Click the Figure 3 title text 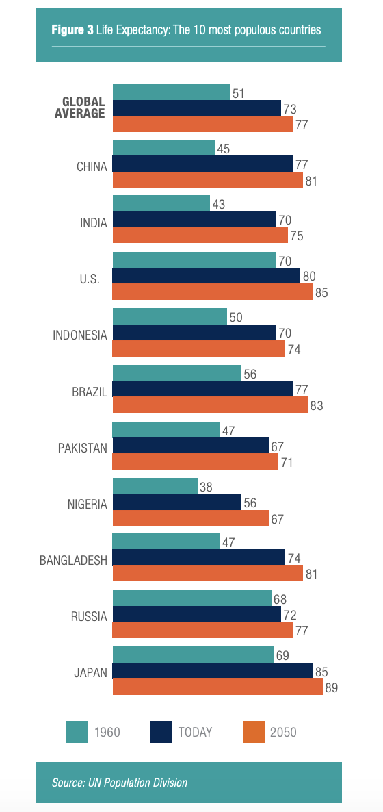coord(187,30)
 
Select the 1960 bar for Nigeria coord(155,485)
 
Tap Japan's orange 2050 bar coord(217,687)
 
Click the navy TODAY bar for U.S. coord(206,276)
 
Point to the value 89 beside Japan coord(332,687)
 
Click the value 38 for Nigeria coord(206,485)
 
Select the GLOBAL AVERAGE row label coord(79,107)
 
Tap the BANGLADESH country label coord(73,560)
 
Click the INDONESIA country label coord(80,335)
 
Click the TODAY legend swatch coord(161,732)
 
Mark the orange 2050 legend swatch coord(253,732)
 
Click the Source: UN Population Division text coord(120,783)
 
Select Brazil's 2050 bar coord(210,405)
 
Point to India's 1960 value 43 coord(218,204)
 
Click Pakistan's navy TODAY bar coord(190,445)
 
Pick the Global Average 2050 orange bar coord(202,124)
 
